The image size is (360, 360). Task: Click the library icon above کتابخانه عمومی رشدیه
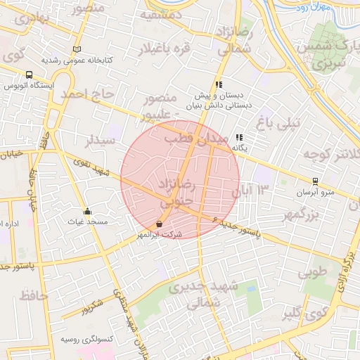click(x=77, y=49)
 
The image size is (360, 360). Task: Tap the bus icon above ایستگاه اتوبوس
click(x=29, y=75)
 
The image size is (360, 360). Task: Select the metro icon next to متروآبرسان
click(x=316, y=181)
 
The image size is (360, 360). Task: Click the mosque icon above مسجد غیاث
click(x=87, y=211)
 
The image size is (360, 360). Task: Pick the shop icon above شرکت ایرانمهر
click(x=159, y=224)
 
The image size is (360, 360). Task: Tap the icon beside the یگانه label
click(x=239, y=138)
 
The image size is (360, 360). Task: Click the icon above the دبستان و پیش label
click(x=219, y=84)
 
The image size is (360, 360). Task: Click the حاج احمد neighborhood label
click(x=86, y=94)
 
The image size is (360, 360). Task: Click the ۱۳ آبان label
click(x=255, y=188)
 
